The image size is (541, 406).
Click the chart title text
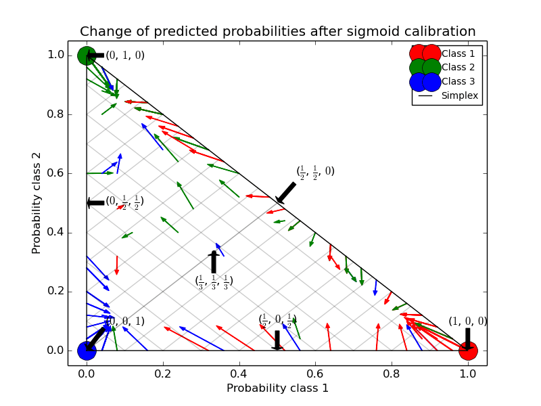point(277,32)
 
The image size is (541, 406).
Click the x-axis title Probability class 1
point(277,388)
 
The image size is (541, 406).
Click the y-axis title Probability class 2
point(37,203)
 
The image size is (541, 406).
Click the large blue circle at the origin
point(87,351)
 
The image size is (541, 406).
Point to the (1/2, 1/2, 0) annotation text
point(315,172)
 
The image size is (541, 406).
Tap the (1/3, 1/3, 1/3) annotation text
point(214,281)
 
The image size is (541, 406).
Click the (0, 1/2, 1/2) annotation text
point(124,202)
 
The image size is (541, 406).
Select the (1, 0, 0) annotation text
point(467,322)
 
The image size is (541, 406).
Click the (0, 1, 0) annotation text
point(125,55)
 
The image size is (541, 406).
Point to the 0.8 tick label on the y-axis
point(55,114)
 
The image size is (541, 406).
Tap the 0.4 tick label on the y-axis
point(55,233)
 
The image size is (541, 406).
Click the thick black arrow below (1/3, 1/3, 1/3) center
point(214,262)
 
